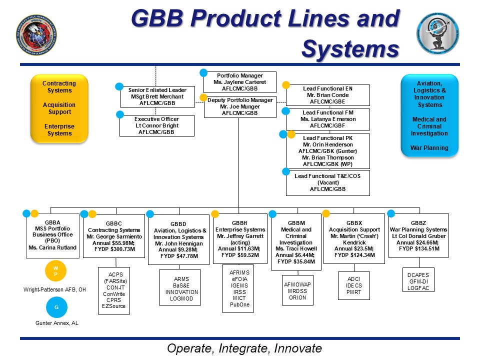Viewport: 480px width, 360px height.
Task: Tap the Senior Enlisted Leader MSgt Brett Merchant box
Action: (157, 96)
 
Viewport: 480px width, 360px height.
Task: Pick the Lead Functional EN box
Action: (327, 94)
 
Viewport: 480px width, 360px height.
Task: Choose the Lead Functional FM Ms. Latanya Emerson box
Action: (327, 119)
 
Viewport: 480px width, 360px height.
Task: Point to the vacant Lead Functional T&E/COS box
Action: (327, 183)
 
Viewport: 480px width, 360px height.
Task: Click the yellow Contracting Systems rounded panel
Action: (59, 108)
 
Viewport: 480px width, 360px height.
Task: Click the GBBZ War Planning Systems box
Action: (418, 235)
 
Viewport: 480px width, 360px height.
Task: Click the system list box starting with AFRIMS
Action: (238, 288)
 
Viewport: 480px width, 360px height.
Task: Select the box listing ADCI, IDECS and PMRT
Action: (353, 285)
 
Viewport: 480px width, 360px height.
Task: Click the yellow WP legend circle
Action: (56, 270)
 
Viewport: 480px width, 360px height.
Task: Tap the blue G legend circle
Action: (56, 307)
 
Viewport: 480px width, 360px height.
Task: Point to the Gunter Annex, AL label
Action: (56, 323)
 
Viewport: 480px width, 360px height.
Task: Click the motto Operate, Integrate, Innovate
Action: (244, 348)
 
